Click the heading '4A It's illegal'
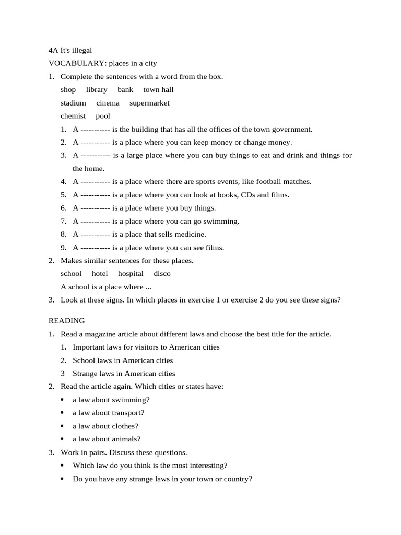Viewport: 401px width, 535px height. coord(70,50)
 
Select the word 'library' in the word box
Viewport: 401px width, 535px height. coord(97,90)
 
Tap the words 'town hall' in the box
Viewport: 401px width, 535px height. coord(158,90)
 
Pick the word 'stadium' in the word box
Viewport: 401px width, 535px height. coord(73,103)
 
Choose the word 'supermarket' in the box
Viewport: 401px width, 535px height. coord(149,103)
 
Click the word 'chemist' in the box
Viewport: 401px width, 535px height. coord(73,116)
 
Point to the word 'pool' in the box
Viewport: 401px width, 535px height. coord(103,116)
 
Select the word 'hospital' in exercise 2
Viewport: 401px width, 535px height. coord(131,274)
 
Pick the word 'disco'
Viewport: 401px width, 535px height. coord(162,274)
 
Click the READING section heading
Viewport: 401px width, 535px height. coord(67,321)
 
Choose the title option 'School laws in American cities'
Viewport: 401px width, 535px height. coord(123,360)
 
